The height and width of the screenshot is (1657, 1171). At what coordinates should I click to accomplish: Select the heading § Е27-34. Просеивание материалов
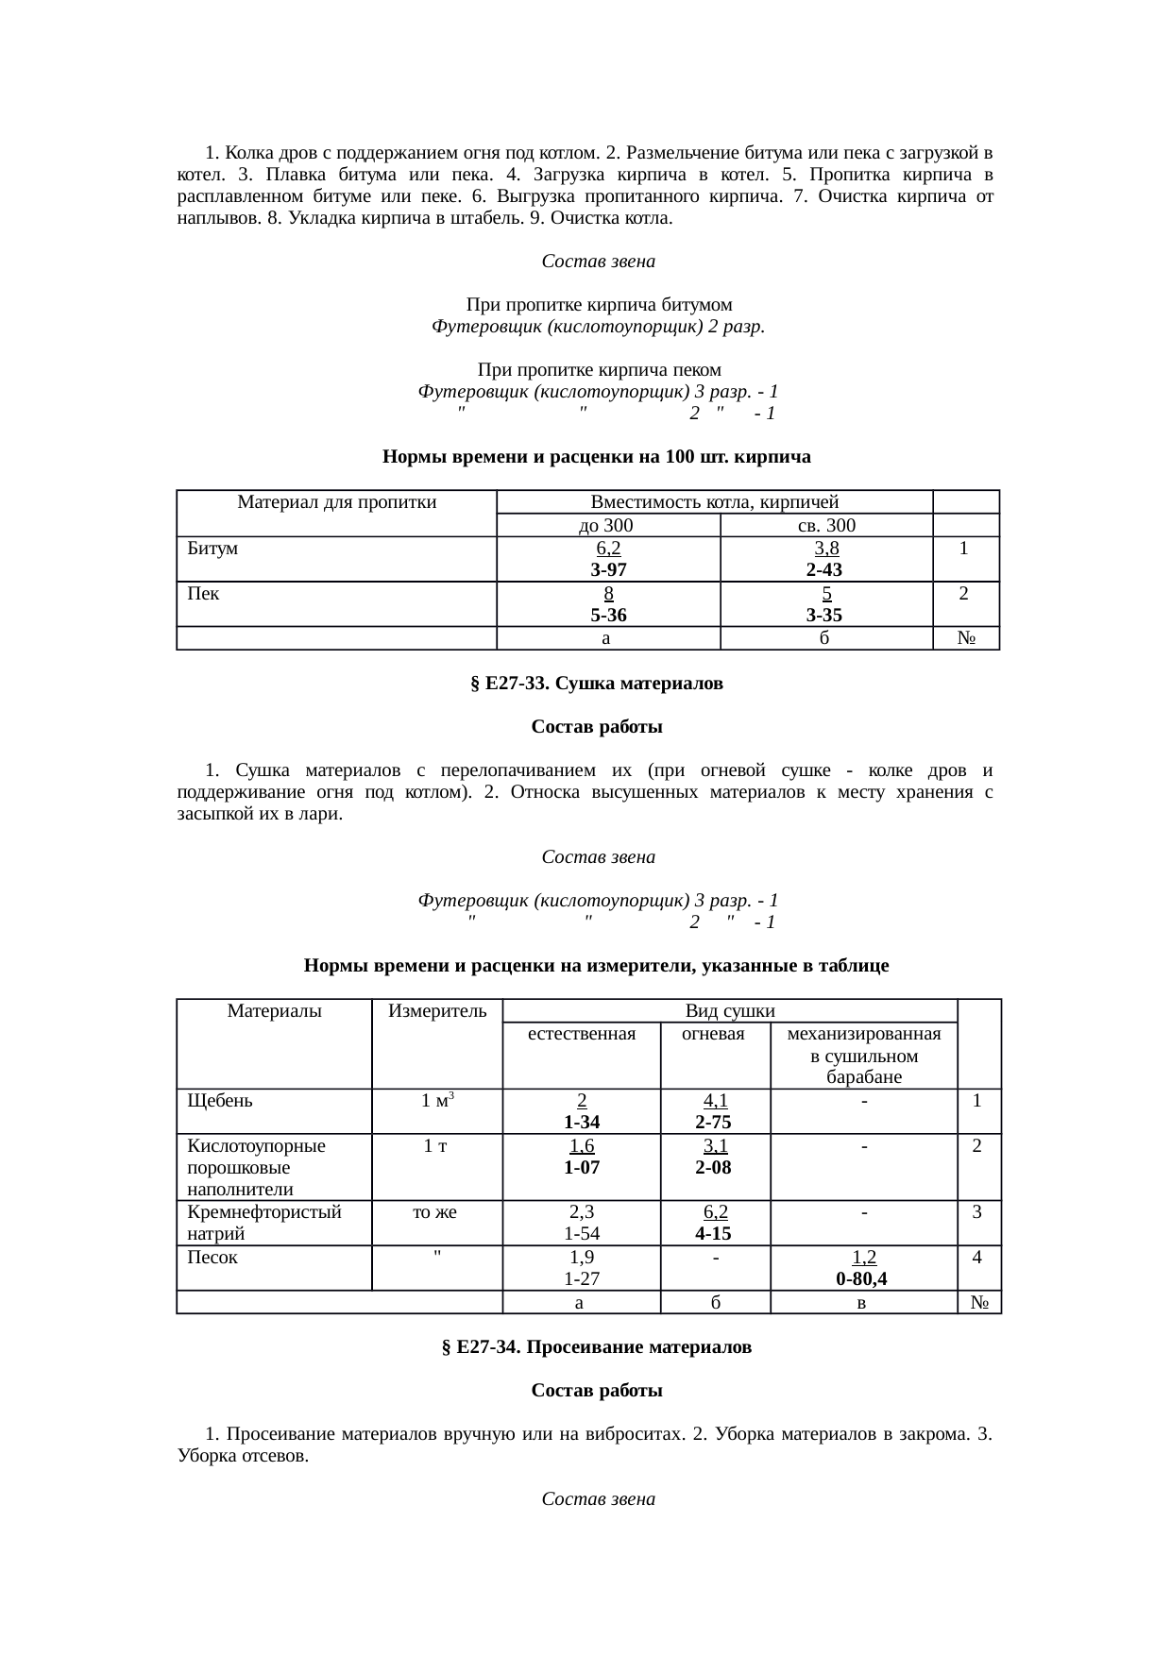(x=596, y=1346)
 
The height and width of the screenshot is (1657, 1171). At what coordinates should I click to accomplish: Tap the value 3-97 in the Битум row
(x=608, y=569)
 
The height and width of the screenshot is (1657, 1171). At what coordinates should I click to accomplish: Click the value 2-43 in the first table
(x=824, y=569)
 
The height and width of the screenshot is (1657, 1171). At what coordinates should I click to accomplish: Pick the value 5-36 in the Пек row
(x=608, y=615)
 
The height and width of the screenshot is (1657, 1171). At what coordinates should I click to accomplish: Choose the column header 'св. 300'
(x=826, y=525)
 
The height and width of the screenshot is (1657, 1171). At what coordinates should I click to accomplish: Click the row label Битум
(x=212, y=548)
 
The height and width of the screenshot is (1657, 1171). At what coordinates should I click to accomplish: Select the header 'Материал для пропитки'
(x=336, y=502)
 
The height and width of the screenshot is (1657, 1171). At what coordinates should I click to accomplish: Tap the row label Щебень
(x=220, y=1100)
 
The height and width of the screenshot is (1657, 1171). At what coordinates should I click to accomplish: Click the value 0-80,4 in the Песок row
(x=861, y=1279)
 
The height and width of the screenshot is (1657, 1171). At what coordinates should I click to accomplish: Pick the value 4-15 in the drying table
(x=715, y=1234)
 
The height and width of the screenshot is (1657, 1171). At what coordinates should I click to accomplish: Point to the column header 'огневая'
(x=714, y=1034)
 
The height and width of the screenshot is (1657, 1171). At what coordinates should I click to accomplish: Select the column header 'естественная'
(x=582, y=1034)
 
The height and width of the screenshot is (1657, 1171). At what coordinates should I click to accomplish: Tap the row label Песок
(x=212, y=1257)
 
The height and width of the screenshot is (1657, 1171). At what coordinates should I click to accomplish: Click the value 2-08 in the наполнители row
(x=715, y=1167)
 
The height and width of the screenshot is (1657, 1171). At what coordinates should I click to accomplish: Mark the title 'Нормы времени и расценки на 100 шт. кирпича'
(x=596, y=457)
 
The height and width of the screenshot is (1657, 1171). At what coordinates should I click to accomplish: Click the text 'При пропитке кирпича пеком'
(x=599, y=368)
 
